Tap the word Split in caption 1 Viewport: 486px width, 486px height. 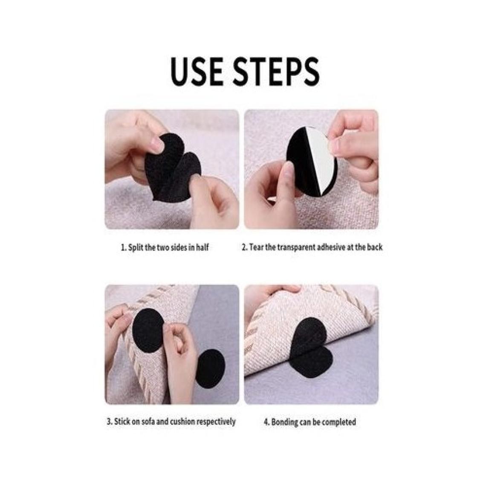pyautogui.click(x=135, y=247)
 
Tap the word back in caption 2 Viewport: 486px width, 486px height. pyautogui.click(x=375, y=247)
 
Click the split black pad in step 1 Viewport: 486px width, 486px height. pyautogui.click(x=172, y=168)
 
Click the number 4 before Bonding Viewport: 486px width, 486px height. pyautogui.click(x=266, y=422)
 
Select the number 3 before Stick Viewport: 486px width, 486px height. pyautogui.click(x=109, y=422)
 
